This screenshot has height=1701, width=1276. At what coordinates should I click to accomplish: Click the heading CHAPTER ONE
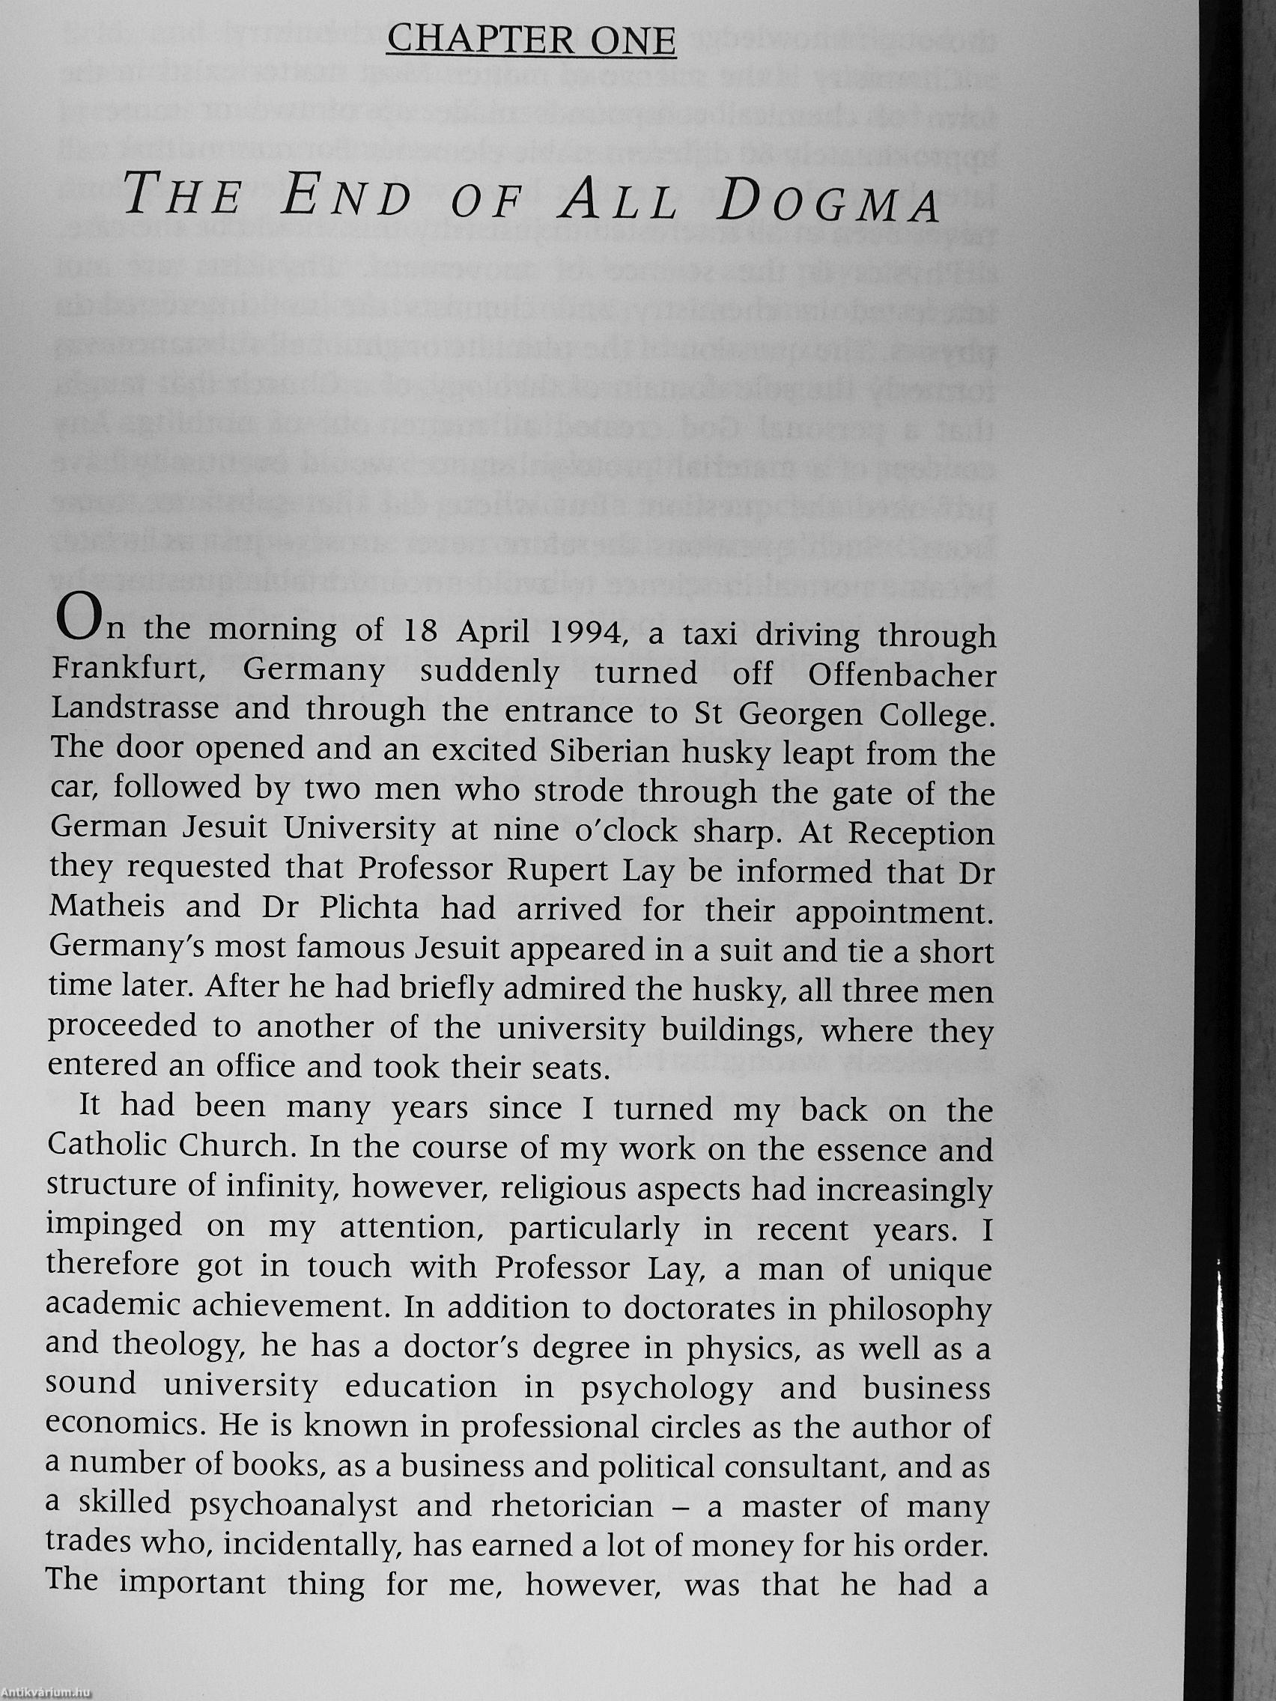[x=531, y=41]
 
